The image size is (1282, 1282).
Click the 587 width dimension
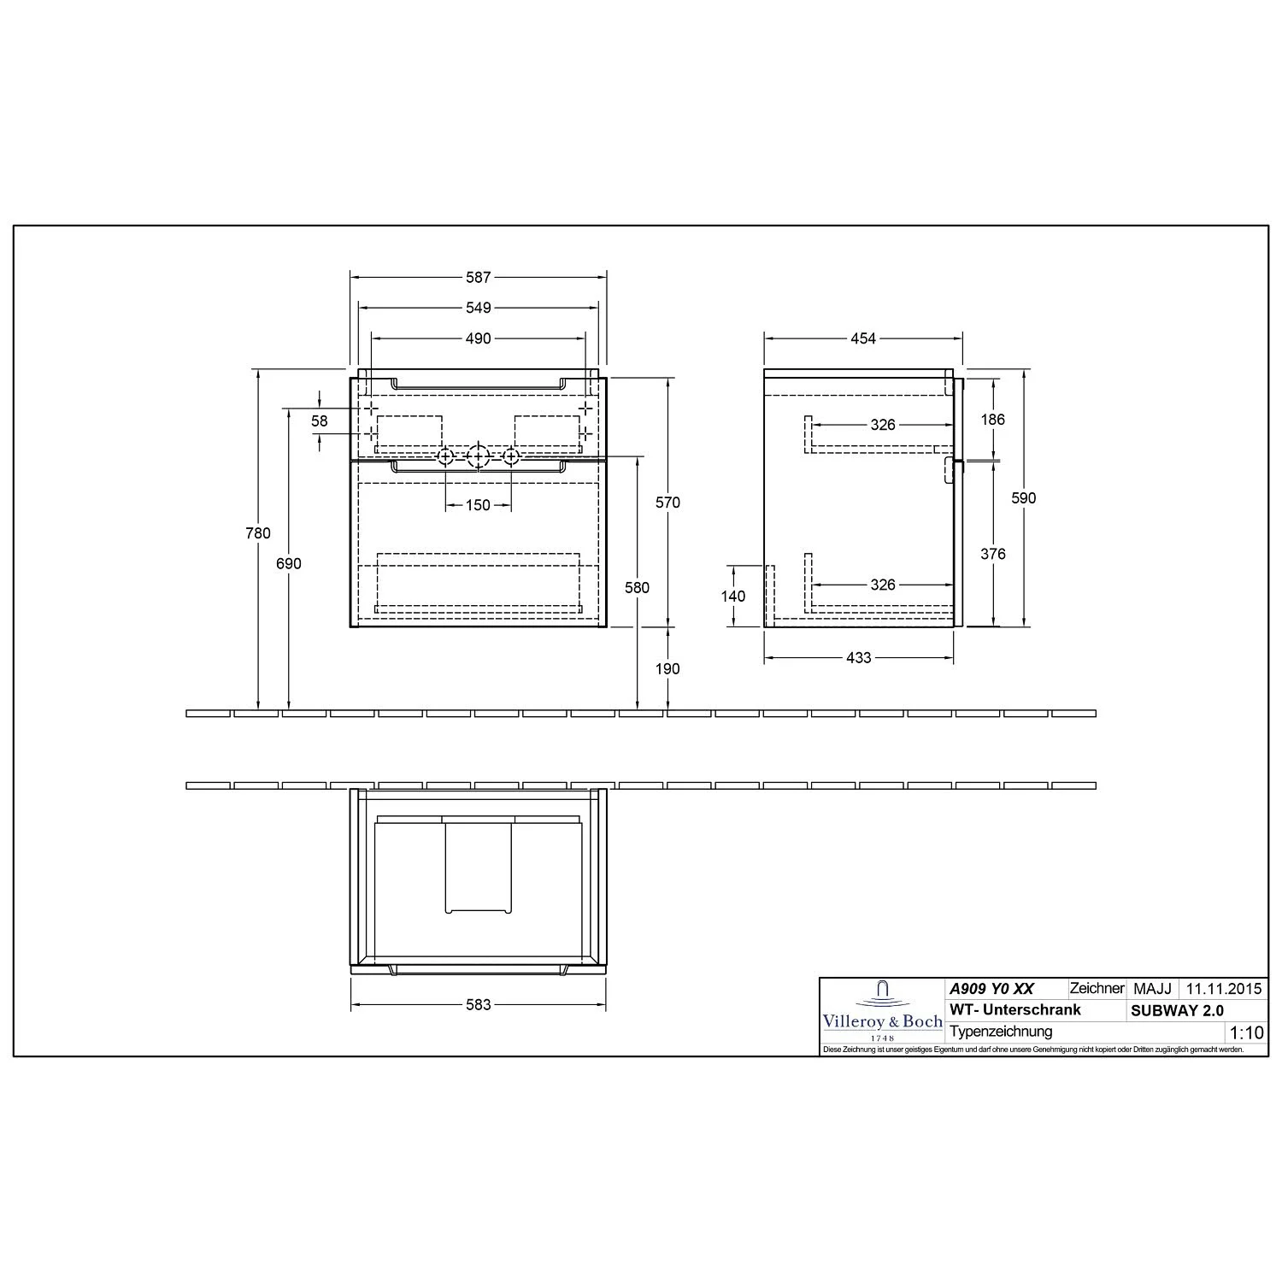click(479, 278)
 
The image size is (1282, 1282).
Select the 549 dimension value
click(479, 308)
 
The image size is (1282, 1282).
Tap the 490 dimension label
click(479, 338)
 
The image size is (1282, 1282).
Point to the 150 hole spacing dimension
click(479, 505)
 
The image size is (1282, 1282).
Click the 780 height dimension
click(257, 533)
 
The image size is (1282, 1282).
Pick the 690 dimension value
click(289, 564)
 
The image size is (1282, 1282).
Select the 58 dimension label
click(320, 421)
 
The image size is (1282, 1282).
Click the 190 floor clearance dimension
click(667, 669)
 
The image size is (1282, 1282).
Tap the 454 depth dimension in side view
click(863, 338)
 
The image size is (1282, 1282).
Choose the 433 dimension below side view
click(858, 657)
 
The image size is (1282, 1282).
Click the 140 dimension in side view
click(733, 597)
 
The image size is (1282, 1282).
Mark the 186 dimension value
click(993, 420)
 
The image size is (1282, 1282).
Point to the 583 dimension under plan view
click(479, 1004)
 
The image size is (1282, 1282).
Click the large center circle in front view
click(478, 456)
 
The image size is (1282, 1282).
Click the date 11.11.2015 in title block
click(1222, 989)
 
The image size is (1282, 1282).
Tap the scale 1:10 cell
click(1245, 1032)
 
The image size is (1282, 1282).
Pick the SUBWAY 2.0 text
click(1177, 1010)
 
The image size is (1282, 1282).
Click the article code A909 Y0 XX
click(991, 989)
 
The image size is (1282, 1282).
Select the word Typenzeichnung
click(1001, 1032)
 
